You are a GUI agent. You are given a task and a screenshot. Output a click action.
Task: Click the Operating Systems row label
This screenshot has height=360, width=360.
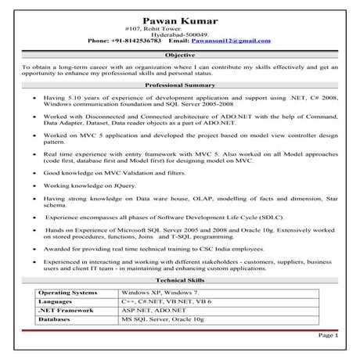pyautogui.click(x=68, y=291)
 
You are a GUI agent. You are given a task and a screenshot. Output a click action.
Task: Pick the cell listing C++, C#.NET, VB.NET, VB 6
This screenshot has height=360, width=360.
pyautogui.click(x=165, y=301)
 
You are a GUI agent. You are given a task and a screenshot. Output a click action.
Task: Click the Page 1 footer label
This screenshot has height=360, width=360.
pyautogui.click(x=327, y=335)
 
